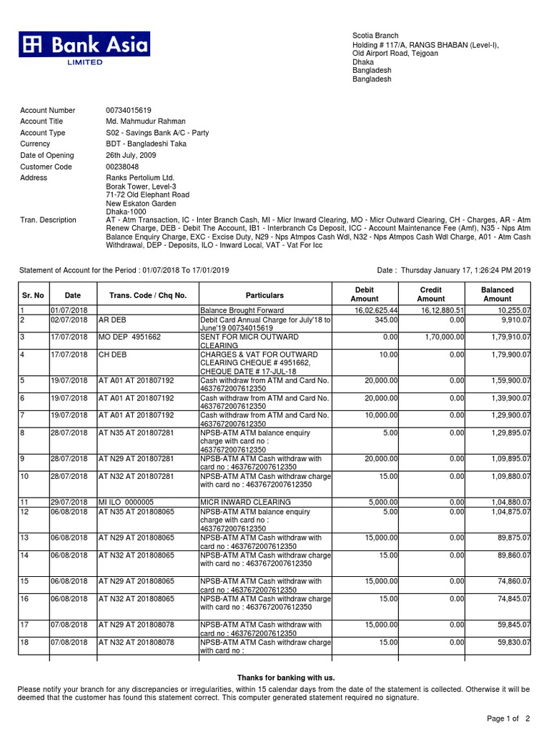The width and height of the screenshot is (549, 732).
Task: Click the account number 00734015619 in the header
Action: click(129, 111)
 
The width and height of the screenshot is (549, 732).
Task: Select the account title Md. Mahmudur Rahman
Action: click(145, 122)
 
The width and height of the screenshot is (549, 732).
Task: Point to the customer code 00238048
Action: click(122, 167)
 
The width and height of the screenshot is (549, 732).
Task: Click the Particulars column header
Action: click(264, 295)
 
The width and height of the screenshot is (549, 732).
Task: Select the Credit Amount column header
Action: click(430, 295)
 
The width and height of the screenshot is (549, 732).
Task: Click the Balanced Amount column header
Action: click(497, 295)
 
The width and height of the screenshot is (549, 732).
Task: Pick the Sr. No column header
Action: click(33, 295)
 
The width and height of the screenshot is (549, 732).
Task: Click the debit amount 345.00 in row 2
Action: click(387, 320)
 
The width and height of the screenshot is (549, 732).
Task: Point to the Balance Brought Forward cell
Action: click(242, 310)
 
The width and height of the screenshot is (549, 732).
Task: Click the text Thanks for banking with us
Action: click(285, 677)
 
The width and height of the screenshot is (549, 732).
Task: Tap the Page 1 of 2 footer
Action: click(508, 718)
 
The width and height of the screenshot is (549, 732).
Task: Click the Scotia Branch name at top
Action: click(375, 36)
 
